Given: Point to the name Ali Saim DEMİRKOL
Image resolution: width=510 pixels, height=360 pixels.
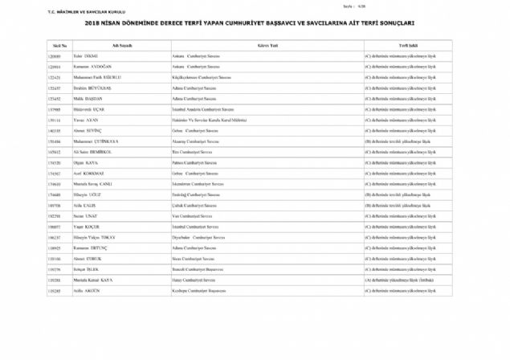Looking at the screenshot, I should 114,150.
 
